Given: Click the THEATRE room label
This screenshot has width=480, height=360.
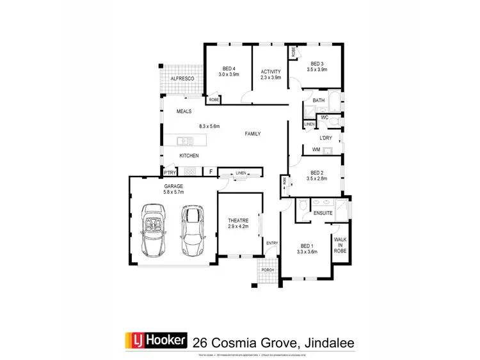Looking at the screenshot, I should pyautogui.click(x=238, y=221).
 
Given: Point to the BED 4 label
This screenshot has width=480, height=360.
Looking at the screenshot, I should pyautogui.click(x=229, y=68).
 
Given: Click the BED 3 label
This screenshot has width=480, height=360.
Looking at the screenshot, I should pyautogui.click(x=317, y=64).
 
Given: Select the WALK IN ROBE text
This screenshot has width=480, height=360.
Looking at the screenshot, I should pyautogui.click(x=339, y=245).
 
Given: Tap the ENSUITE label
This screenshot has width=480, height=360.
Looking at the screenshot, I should pyautogui.click(x=322, y=212).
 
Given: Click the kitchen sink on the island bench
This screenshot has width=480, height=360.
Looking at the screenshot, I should pyautogui.click(x=184, y=140).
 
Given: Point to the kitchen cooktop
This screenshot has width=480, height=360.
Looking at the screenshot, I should pyautogui.click(x=189, y=171).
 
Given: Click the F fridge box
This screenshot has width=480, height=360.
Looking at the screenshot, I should pyautogui.click(x=210, y=171).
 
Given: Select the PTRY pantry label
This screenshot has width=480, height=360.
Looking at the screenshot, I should pyautogui.click(x=170, y=172).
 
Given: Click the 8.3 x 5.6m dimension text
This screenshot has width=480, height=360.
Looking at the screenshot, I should pyautogui.click(x=209, y=126).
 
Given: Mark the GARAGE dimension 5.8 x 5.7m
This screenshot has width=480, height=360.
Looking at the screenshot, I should pyautogui.click(x=173, y=192).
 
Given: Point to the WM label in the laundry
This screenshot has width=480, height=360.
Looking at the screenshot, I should pyautogui.click(x=316, y=150).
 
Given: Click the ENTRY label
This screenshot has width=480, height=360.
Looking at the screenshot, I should pyautogui.click(x=272, y=243).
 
